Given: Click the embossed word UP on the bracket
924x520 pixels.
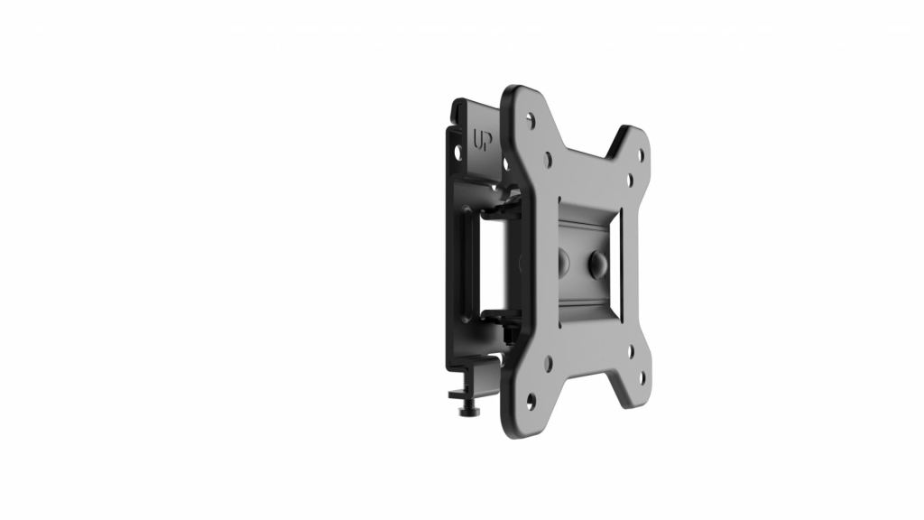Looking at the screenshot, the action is (x=481, y=141).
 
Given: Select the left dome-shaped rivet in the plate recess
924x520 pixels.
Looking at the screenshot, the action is (x=560, y=260).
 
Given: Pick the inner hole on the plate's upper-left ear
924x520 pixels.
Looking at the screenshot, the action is (x=549, y=159).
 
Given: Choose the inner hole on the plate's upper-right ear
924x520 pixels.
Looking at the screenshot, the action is (x=629, y=179).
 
